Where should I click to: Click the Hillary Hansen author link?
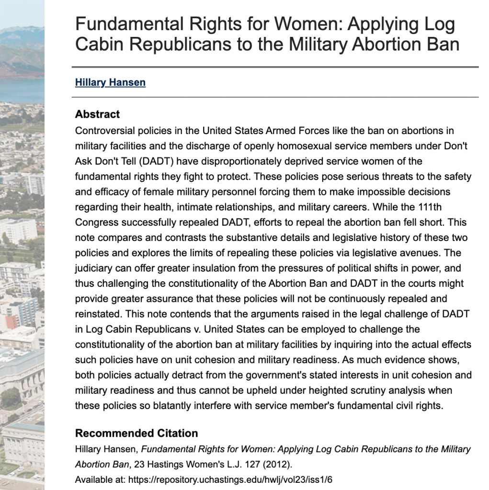click(x=110, y=82)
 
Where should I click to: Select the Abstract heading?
click(x=97, y=114)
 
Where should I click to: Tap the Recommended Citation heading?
click(x=136, y=433)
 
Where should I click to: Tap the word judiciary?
click(x=95, y=268)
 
